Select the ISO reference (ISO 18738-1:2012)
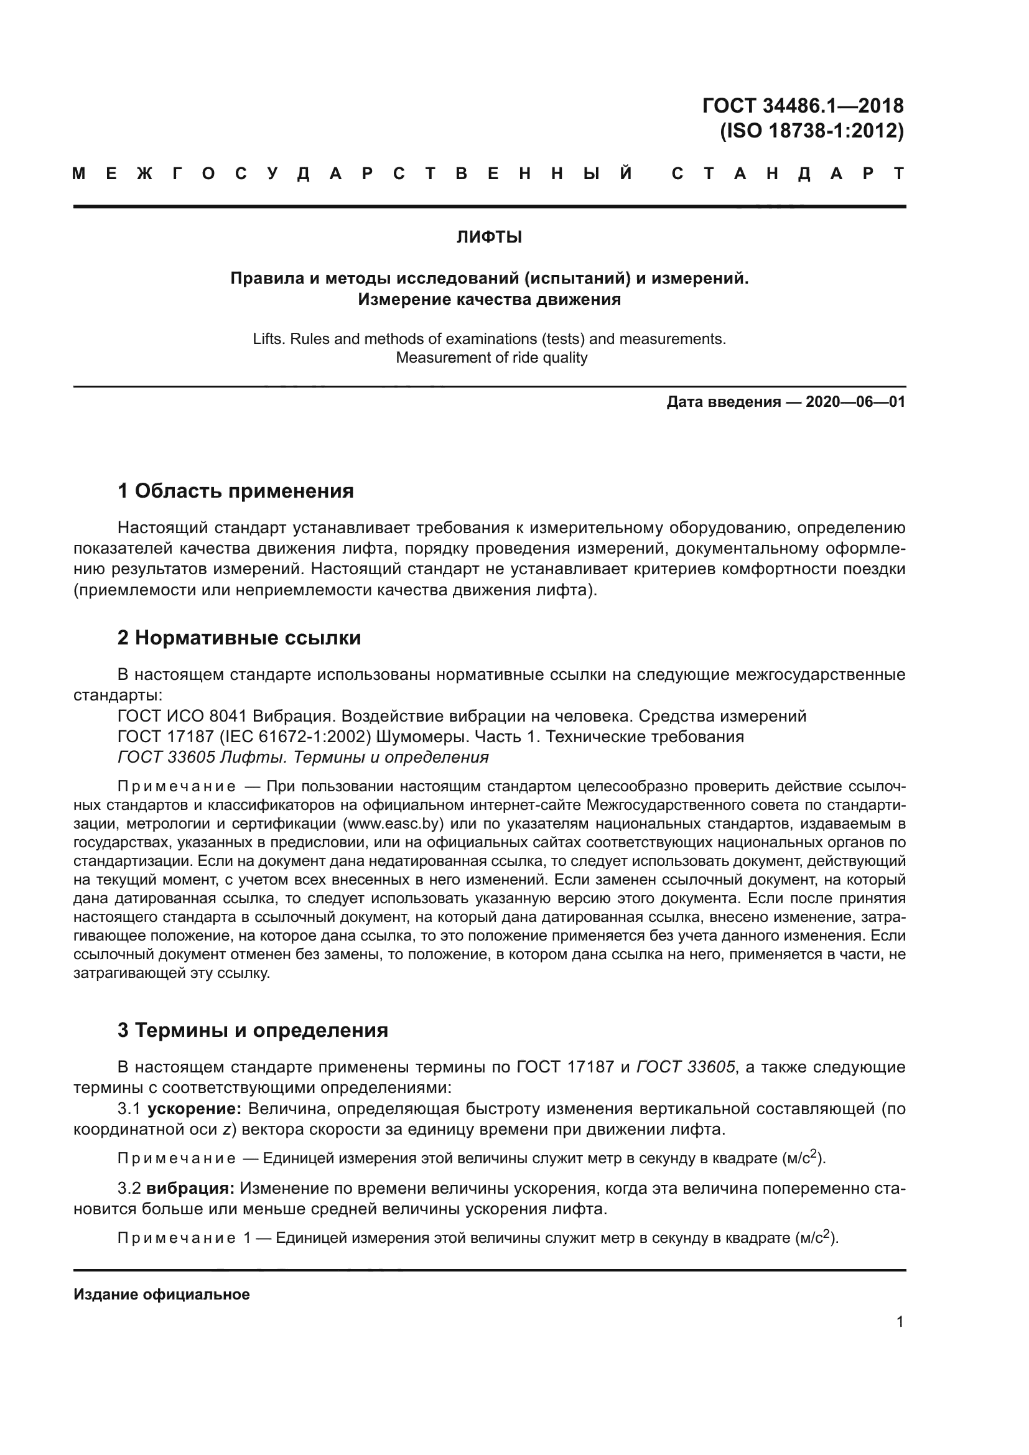(x=812, y=131)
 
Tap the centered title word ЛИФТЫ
(x=489, y=238)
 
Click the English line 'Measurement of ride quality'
(x=491, y=358)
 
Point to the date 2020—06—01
(x=855, y=402)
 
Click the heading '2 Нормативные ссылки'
(x=239, y=638)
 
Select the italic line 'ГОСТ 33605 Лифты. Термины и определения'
(x=303, y=757)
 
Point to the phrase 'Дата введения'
(x=723, y=402)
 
